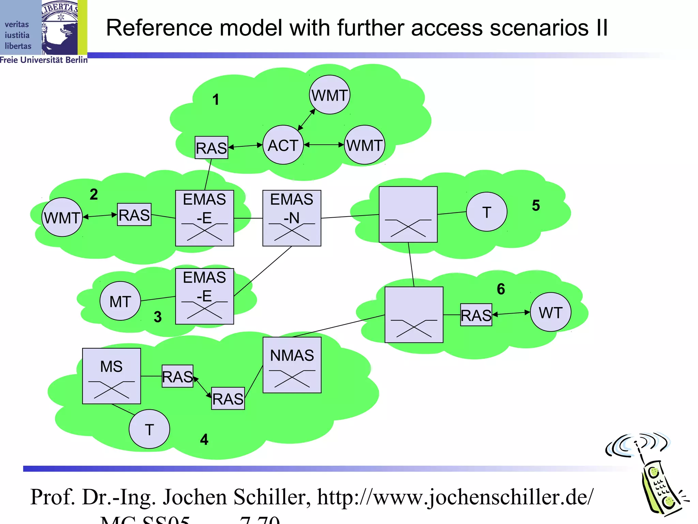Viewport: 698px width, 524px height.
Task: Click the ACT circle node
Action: [283, 145]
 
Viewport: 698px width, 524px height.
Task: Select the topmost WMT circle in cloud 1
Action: [330, 95]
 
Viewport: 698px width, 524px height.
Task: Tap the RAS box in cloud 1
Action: [211, 147]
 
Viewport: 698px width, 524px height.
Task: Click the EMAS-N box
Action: [292, 218]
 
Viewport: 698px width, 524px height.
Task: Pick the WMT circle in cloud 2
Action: [62, 217]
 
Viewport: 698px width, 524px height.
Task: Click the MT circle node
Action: [120, 301]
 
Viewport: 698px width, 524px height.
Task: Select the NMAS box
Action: [292, 365]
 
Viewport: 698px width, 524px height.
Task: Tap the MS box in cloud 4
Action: [111, 376]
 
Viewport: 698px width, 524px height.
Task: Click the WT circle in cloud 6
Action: [550, 312]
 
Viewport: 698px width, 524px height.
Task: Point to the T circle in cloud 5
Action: [486, 212]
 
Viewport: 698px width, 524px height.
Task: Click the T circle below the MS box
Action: [149, 429]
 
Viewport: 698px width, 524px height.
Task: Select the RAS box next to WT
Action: [476, 315]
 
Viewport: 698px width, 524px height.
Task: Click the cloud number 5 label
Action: [536, 205]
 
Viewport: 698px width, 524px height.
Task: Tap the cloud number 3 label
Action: [157, 317]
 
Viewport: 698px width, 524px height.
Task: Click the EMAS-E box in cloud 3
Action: [204, 296]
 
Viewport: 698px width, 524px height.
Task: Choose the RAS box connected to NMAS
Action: [228, 398]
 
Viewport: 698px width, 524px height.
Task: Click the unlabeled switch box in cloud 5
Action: [408, 214]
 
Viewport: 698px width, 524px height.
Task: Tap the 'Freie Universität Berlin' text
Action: [44, 60]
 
